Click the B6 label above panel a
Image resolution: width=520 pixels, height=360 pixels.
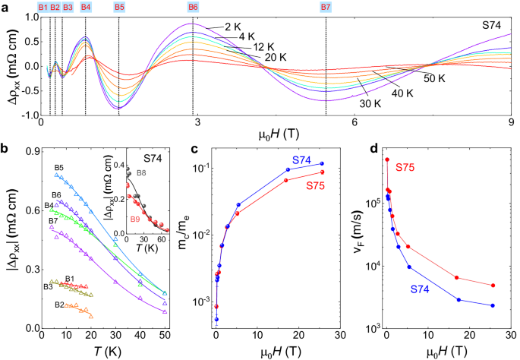pos(193,7)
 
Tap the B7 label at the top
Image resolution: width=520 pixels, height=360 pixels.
pos(326,7)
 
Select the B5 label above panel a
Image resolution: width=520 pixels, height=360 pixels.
pos(119,7)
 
